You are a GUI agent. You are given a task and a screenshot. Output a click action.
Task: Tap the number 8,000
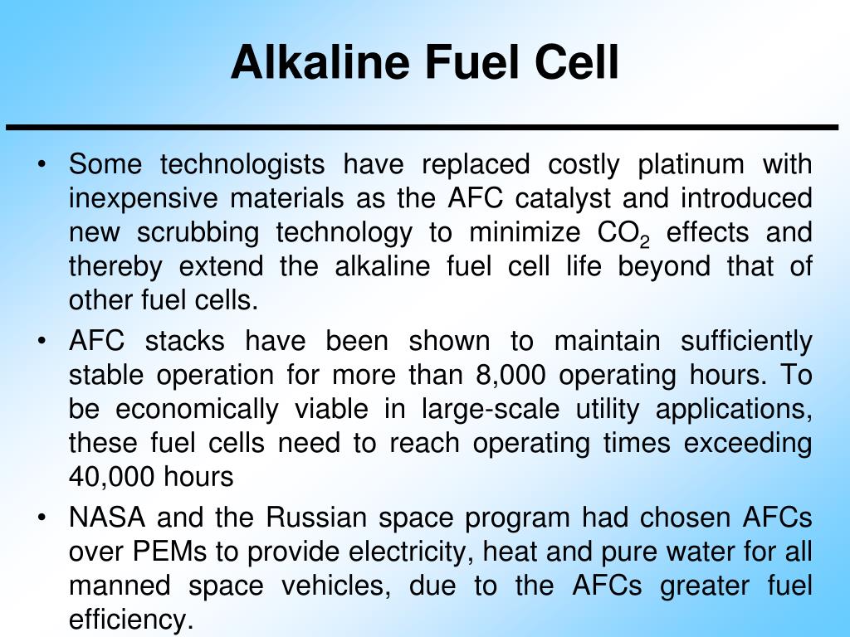(510, 376)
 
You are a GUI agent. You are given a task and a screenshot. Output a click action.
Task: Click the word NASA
(107, 518)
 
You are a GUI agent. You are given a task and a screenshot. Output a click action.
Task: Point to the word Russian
(316, 518)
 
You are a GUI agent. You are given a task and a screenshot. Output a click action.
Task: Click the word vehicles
(335, 586)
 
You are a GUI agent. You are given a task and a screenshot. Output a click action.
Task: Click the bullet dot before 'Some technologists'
(42, 165)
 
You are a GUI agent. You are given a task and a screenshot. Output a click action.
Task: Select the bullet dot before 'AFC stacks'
(42, 342)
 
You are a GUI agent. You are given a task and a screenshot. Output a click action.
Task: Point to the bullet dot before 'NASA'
(42, 518)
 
